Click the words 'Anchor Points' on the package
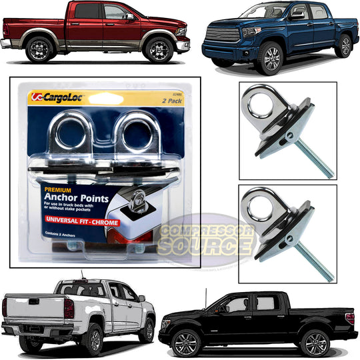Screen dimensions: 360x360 [x=80, y=196]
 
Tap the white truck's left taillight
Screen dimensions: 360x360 [x=67, y=307]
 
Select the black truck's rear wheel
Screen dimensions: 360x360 [x=313, y=343]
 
